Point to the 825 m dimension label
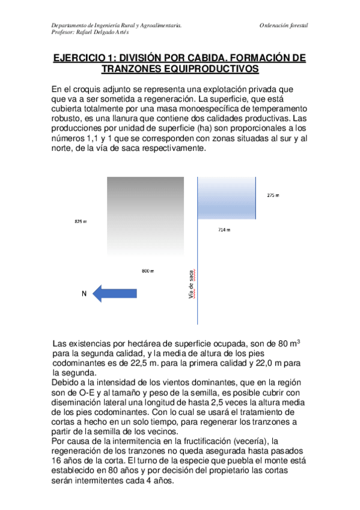pos(81,222)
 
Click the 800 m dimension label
pos(148,271)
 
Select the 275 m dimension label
pos(273,195)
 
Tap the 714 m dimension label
pos(224,230)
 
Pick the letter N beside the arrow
pos(84,293)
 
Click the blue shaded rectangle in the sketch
pos(227,198)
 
